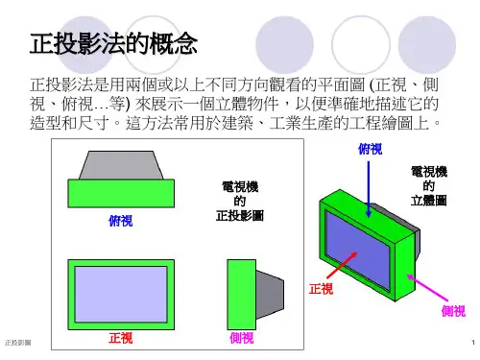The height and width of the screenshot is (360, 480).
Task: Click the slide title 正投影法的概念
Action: (x=113, y=43)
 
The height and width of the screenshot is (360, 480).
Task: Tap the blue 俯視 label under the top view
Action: (x=121, y=221)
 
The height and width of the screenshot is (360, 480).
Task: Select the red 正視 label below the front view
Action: (x=121, y=338)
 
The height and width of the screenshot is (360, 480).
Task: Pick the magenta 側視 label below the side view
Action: (x=242, y=338)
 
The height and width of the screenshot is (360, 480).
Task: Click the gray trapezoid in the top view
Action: (x=121, y=165)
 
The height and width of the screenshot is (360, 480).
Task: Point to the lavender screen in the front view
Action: (x=121, y=295)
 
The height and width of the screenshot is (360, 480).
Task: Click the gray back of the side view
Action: (x=270, y=295)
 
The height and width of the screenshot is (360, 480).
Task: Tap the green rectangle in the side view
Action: (x=242, y=295)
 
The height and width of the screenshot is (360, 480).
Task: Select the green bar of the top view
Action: (x=121, y=193)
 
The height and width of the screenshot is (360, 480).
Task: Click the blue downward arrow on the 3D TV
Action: (x=369, y=189)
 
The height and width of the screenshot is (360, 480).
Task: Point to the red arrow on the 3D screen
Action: (x=342, y=265)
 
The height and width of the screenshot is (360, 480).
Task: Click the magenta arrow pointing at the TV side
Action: (x=427, y=288)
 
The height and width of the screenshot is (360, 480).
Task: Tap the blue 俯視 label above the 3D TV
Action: (x=371, y=149)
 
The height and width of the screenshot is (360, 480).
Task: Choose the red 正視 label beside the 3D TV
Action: (x=321, y=289)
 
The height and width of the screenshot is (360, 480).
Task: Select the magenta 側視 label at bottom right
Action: (x=453, y=311)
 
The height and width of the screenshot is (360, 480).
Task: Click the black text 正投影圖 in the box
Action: (x=240, y=216)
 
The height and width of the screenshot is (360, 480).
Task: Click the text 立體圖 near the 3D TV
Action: (x=429, y=201)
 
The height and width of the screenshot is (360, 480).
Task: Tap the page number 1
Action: (x=473, y=343)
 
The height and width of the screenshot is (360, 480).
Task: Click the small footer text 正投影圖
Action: (x=18, y=343)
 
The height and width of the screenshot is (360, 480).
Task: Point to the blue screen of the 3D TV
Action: (x=358, y=250)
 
